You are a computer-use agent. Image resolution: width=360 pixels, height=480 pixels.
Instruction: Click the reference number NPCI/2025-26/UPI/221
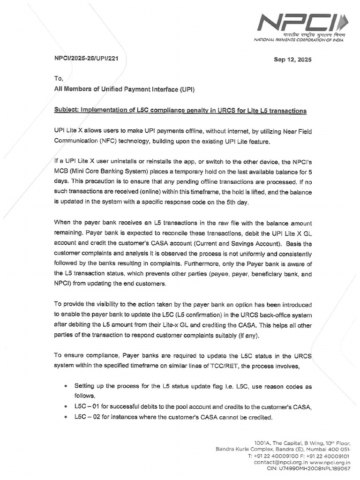(x=89, y=60)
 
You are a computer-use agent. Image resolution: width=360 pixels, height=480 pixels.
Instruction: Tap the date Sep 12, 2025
(x=292, y=60)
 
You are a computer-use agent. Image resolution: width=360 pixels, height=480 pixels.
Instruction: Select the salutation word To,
(x=59, y=78)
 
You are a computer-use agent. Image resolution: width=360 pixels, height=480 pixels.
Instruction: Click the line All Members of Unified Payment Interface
(x=124, y=89)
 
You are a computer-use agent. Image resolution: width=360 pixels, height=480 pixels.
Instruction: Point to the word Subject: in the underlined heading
(x=67, y=111)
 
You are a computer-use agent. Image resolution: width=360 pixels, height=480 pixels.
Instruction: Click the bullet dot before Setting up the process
(x=64, y=386)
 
